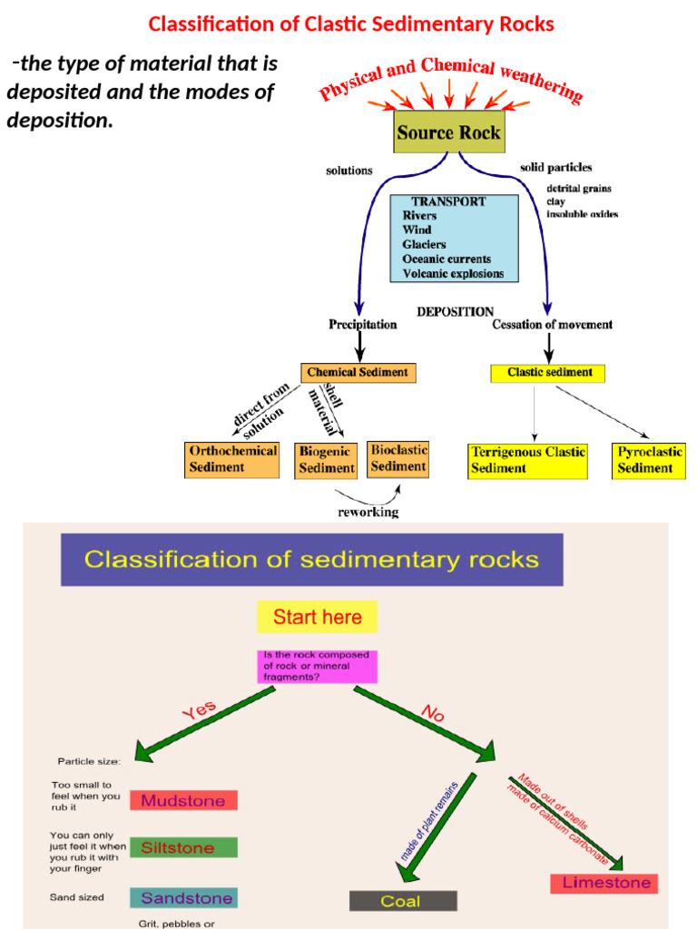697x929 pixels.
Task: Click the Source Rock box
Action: point(448,132)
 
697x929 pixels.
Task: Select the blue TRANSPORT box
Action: point(454,238)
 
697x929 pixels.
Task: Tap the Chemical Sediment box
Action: point(358,372)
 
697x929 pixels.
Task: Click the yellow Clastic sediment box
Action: point(548,372)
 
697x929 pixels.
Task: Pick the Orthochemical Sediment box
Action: point(231,459)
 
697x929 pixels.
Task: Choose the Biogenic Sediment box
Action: point(326,460)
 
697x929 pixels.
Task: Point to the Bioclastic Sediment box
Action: point(398,458)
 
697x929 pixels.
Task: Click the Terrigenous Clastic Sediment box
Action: point(527,460)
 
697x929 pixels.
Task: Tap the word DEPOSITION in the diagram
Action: point(455,311)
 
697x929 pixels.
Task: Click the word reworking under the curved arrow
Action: point(368,512)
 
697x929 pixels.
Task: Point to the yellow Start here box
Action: point(317,617)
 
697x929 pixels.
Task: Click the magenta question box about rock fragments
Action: point(317,666)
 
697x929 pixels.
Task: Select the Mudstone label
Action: point(183,800)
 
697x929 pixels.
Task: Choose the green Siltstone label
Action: point(183,848)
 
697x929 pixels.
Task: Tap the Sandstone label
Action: point(183,898)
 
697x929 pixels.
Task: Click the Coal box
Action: point(403,901)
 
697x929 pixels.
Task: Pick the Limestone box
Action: point(604,883)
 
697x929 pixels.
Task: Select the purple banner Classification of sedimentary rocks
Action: point(311,559)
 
